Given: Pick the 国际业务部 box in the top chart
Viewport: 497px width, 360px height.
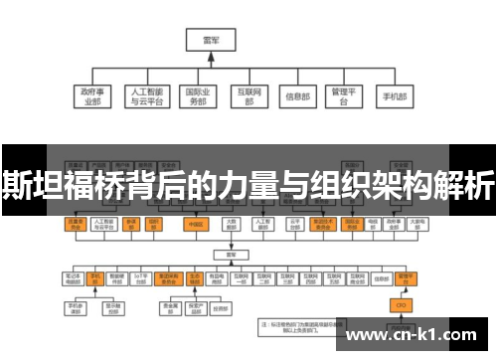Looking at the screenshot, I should pyautogui.click(x=198, y=95).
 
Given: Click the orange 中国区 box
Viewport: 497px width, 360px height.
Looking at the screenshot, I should pyautogui.click(x=196, y=225).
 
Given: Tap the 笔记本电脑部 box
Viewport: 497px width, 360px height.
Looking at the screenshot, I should pyautogui.click(x=73, y=277).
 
